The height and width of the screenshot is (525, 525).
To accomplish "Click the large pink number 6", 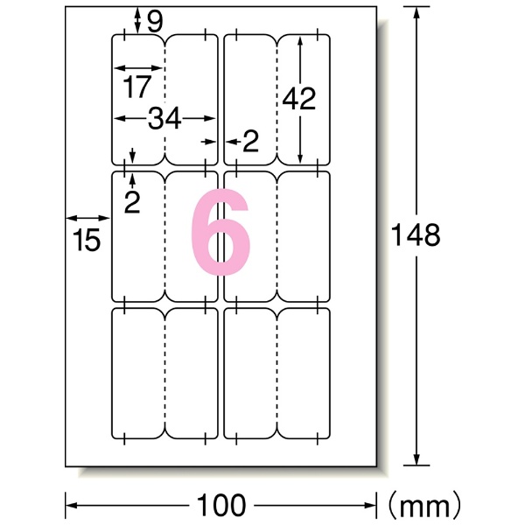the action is point(220,232).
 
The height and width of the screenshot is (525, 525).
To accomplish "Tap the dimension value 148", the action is point(416,235).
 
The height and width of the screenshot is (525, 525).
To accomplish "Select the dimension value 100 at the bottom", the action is point(221,505).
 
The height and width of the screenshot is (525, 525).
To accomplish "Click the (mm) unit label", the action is point(423,505).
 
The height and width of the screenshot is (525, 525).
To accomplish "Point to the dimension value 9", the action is point(155,22).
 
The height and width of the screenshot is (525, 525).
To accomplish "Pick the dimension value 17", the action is point(137,87).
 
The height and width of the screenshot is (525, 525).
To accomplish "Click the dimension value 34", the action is point(164,118).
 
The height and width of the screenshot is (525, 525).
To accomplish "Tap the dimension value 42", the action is point(299,98).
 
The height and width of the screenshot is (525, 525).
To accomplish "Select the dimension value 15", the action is point(87,240).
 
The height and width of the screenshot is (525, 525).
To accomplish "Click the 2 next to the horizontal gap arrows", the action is point(251,141).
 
